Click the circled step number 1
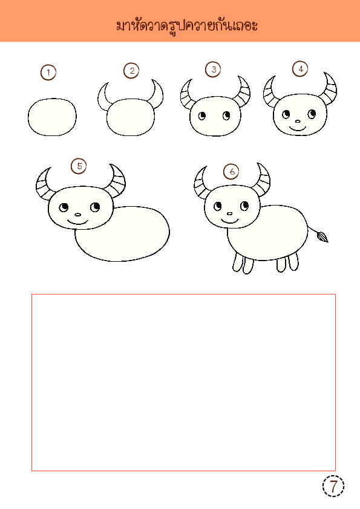point(48,73)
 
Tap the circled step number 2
point(131,71)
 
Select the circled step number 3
point(213,70)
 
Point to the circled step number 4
point(300,69)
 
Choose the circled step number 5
point(79,166)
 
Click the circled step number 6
point(231,171)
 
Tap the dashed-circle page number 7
point(333,486)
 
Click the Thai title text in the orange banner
point(187,26)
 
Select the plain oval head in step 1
point(52,117)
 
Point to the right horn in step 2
point(159,95)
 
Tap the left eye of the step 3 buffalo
point(202,116)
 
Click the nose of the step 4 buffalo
point(298,122)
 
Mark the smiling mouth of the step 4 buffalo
point(298,129)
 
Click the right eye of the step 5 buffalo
point(95,207)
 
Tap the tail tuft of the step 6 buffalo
point(322,236)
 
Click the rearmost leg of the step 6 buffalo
point(293,262)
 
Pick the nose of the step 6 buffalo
point(229,214)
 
